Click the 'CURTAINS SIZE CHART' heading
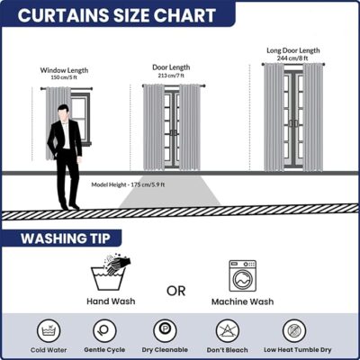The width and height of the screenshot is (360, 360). (x=117, y=15)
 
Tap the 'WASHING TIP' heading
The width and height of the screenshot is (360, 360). (x=66, y=238)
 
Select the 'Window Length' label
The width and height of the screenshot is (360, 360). (x=64, y=70)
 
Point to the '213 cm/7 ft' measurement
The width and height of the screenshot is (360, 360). (x=171, y=76)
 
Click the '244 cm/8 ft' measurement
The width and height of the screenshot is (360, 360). (x=292, y=58)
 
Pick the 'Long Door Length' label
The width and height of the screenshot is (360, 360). (x=293, y=50)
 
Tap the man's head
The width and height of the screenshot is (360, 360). (x=63, y=112)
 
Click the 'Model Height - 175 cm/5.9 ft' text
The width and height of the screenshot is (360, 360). (x=128, y=184)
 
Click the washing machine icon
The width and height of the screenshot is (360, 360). (x=243, y=276)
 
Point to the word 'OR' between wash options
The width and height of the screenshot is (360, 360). (x=176, y=291)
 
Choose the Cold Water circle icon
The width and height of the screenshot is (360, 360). (x=49, y=331)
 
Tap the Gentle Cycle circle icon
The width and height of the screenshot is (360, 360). (x=104, y=331)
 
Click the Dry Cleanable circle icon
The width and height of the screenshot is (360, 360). (x=165, y=330)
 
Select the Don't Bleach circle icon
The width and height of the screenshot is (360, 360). (x=227, y=331)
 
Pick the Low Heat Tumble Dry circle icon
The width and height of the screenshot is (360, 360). (x=294, y=331)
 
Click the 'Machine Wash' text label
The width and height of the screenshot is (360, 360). (x=242, y=301)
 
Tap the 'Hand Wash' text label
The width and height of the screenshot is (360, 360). (x=111, y=301)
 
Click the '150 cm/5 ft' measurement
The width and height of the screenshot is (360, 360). (x=64, y=77)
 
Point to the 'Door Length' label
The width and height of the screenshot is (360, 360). (x=171, y=67)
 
